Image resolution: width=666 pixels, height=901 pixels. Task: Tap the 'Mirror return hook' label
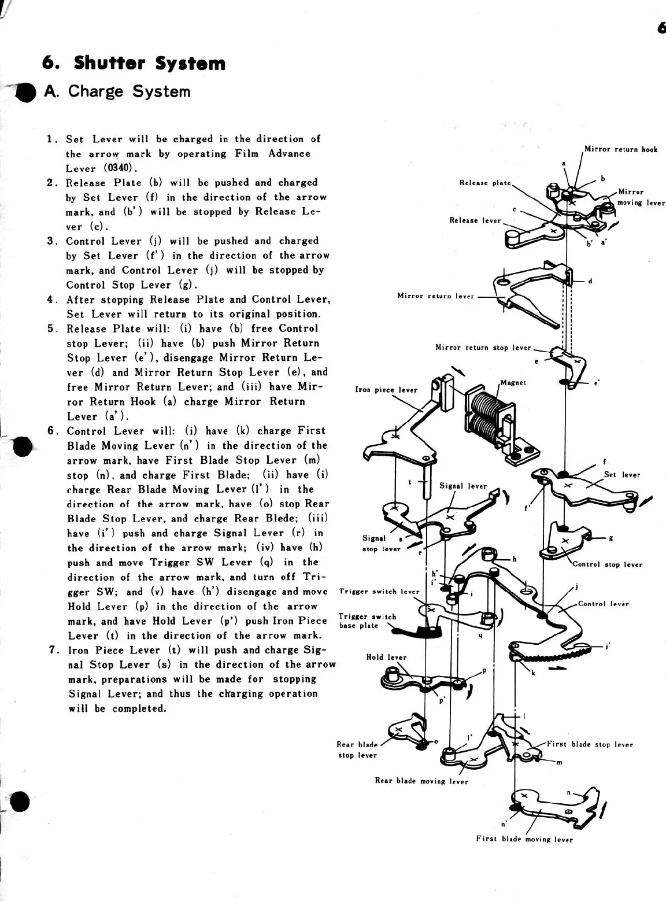click(620, 149)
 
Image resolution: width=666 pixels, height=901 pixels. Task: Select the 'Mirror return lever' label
click(435, 296)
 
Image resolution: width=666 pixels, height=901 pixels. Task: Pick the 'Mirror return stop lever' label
click(483, 348)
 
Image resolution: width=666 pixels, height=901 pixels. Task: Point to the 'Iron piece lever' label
click(386, 390)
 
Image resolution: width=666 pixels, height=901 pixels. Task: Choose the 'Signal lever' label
click(463, 486)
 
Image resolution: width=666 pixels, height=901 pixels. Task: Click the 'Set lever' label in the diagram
click(622, 475)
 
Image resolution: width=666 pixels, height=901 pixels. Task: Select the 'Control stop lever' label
click(607, 564)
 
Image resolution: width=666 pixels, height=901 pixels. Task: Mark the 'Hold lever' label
click(386, 657)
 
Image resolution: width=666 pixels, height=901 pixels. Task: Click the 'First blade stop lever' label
click(590, 744)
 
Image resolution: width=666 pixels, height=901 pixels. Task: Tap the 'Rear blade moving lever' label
click(421, 781)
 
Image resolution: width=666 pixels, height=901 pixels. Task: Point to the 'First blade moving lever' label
click(524, 839)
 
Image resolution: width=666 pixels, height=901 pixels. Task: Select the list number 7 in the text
click(53, 650)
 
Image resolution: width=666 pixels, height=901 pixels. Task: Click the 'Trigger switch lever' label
click(379, 592)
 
